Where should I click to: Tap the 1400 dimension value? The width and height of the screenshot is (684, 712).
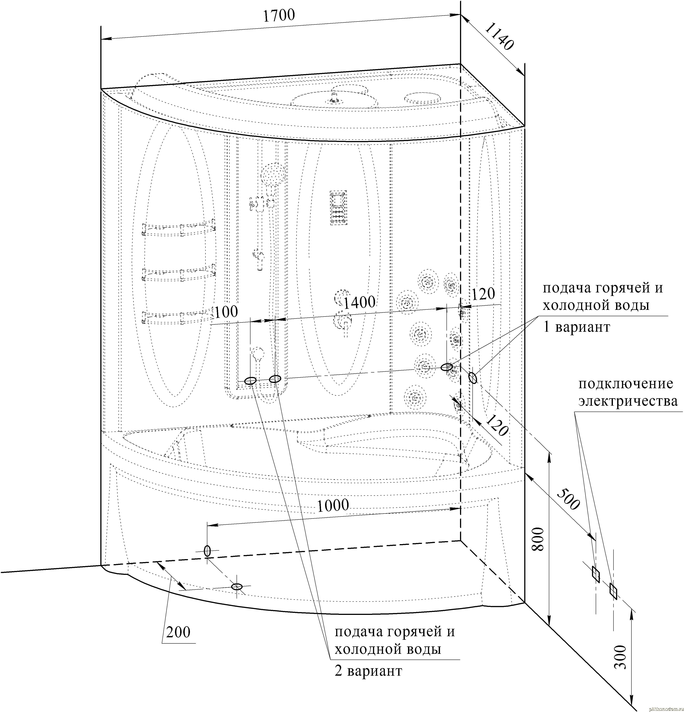click(359, 302)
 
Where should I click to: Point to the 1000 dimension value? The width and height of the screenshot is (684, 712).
click(333, 505)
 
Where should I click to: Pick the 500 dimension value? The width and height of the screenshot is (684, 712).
click(568, 499)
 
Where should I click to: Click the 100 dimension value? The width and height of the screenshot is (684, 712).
click(226, 312)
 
